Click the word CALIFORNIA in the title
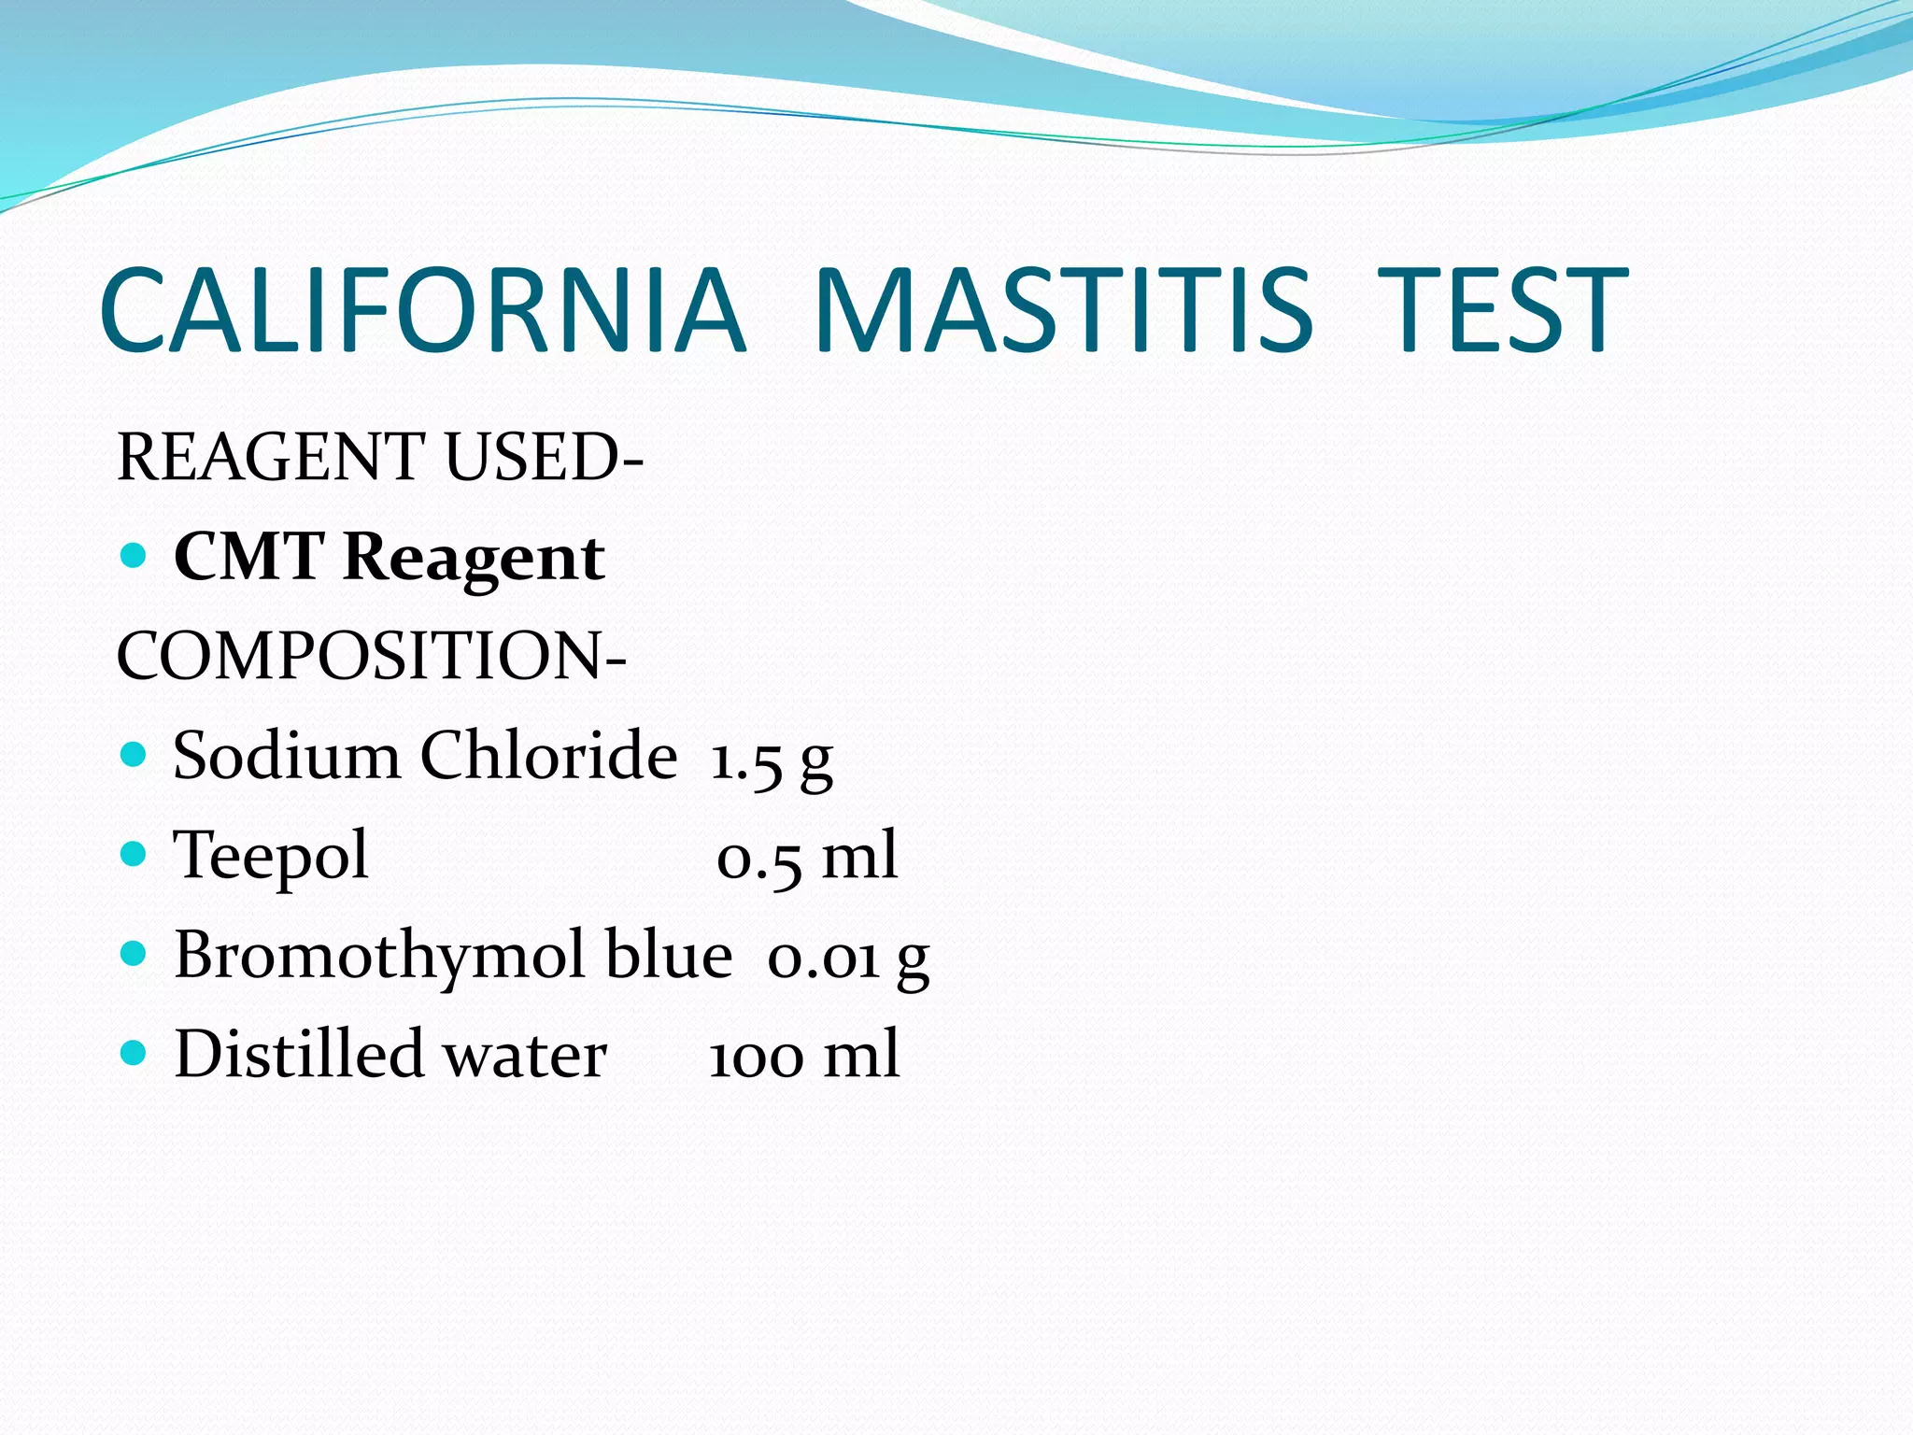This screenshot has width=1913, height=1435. tap(422, 310)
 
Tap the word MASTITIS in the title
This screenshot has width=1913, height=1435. tap(1063, 310)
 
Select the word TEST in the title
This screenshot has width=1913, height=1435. tap(1502, 310)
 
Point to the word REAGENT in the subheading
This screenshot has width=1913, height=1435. tap(271, 458)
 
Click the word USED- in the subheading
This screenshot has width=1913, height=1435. tap(544, 458)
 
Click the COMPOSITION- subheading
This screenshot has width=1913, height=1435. tap(371, 656)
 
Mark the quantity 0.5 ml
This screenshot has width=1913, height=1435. tap(807, 858)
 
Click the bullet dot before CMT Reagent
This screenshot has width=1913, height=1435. tap(135, 557)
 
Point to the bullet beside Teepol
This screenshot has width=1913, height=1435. tap(135, 854)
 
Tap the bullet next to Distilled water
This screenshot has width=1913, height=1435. tap(135, 1054)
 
